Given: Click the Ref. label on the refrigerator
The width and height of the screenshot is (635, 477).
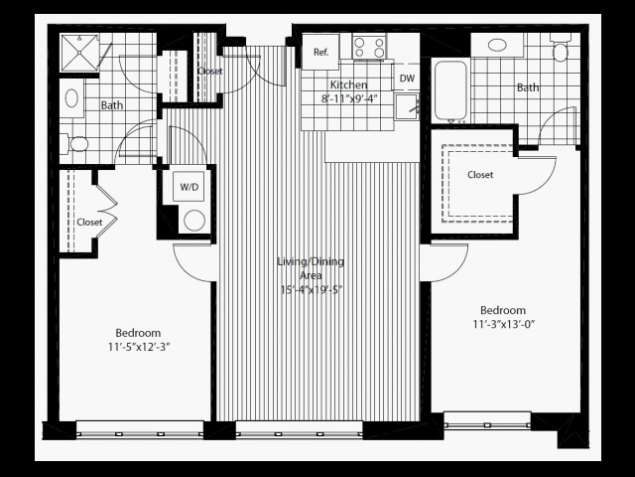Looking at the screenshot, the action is click(320, 53).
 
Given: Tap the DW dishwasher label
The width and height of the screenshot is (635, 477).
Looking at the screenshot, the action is click(407, 78).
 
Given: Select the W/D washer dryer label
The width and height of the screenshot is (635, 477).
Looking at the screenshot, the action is click(190, 187).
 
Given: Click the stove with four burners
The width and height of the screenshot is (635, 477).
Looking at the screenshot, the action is click(368, 47).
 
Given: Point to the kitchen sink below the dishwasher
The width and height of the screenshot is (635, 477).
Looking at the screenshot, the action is click(407, 106).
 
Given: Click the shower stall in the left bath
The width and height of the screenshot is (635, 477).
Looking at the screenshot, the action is click(79, 53).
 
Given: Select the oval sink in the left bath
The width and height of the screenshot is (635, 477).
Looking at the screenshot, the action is click(71, 98).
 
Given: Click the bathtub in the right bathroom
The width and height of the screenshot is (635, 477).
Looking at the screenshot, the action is click(450, 90).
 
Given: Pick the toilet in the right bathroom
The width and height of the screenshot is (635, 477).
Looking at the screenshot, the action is click(561, 48).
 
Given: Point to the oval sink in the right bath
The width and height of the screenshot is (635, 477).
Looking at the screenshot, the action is click(496, 45).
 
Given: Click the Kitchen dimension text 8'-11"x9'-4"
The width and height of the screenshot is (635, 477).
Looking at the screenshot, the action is click(349, 99).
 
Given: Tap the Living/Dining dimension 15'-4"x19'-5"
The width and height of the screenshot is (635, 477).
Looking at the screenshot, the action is click(311, 290).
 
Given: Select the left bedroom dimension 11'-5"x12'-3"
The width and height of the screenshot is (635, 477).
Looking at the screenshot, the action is click(139, 347).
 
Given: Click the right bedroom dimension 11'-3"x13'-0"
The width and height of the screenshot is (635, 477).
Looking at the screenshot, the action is click(504, 325).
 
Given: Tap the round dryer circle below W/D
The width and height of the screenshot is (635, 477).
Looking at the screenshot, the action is click(194, 221).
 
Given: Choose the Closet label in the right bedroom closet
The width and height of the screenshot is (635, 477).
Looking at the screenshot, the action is click(480, 175).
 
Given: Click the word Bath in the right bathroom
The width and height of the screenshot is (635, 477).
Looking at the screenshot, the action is click(528, 87).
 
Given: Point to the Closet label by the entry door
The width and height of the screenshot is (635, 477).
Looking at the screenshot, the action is click(209, 71).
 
